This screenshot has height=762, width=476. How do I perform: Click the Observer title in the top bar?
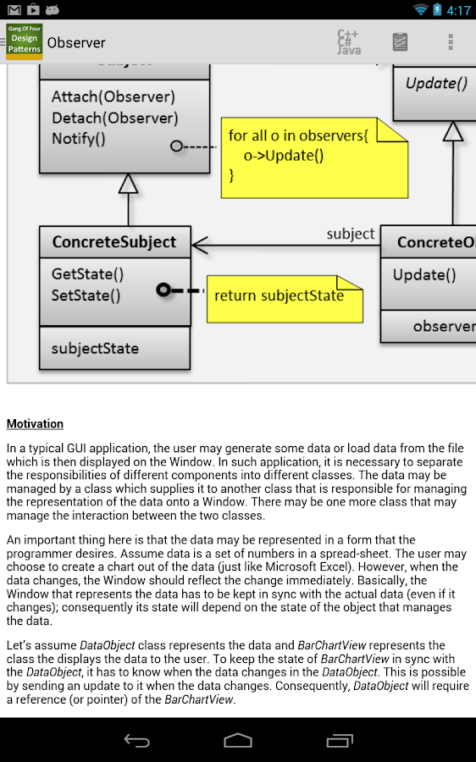point(76,42)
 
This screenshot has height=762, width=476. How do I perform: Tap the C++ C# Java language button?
point(348,42)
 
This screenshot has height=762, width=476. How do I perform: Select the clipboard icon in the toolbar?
point(400,42)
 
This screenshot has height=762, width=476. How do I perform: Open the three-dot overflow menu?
point(451,42)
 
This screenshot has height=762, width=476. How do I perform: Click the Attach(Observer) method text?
point(113,97)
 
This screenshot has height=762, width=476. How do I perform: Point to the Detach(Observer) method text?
point(114,118)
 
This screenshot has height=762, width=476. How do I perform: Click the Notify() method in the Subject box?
point(79,139)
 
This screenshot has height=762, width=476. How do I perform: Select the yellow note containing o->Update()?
point(313,155)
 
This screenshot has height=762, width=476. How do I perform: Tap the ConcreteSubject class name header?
point(114,242)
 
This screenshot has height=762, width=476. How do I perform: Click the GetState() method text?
point(87,274)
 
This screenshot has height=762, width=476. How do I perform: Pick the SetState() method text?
point(86,295)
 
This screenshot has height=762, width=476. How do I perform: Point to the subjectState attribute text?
point(95,348)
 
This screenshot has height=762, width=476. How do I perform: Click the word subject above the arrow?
point(351,234)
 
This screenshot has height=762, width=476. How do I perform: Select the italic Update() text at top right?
point(436,84)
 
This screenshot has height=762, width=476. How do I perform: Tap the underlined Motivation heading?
point(35,423)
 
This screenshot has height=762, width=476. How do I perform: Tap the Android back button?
point(136,740)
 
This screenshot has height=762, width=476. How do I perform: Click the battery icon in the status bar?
point(438,10)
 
